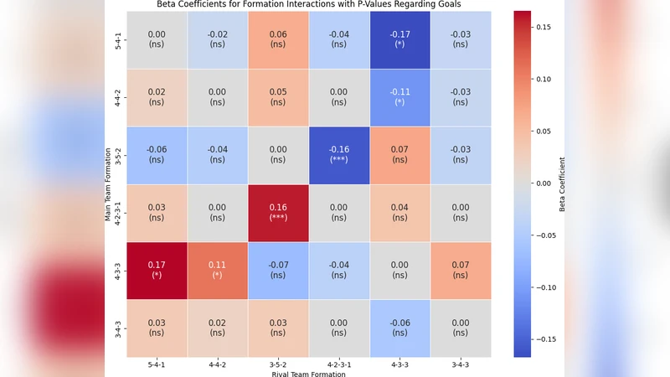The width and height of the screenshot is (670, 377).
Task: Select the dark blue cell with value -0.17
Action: coord(401,39)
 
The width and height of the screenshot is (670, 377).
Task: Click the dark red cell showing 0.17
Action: coord(157,271)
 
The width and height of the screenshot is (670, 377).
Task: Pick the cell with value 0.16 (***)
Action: coord(279,213)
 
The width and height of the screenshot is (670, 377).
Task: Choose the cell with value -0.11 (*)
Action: coord(401,97)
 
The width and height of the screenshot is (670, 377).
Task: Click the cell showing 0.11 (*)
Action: coord(218,271)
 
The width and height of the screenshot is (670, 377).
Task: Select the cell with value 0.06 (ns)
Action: coord(279,39)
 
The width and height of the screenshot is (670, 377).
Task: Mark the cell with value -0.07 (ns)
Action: coord(279,271)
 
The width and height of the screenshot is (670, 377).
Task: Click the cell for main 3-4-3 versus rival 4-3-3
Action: coord(401,328)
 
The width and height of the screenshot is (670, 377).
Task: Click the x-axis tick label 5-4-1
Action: coord(157,365)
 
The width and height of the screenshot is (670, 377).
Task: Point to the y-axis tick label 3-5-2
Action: coord(119,155)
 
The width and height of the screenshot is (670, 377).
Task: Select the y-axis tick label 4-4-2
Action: coord(119,97)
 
